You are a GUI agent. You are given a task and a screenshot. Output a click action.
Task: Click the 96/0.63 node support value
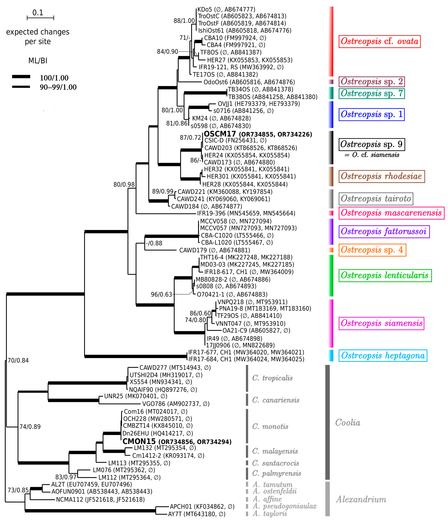pos(161,294)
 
